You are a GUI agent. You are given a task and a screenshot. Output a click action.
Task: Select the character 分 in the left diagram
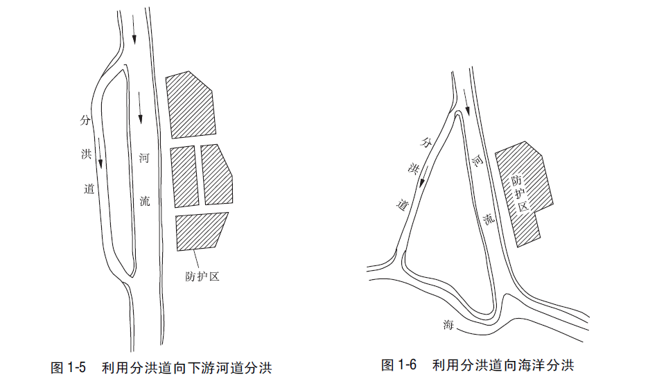tap(85, 120)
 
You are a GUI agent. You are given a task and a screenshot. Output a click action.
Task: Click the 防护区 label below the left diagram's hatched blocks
tap(202, 276)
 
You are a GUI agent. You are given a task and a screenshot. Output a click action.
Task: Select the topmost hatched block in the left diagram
tap(191, 104)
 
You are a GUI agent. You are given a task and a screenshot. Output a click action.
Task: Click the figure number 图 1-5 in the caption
tap(68, 367)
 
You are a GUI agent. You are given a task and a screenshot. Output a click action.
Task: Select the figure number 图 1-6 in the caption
tap(399, 364)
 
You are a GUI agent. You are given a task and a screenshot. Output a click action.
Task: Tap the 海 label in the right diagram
tap(448, 325)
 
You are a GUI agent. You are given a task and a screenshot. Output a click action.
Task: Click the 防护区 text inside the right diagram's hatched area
tap(520, 192)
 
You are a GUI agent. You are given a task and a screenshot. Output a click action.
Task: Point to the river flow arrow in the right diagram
tap(466, 104)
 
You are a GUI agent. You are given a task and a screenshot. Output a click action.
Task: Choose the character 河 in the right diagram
tap(478, 161)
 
